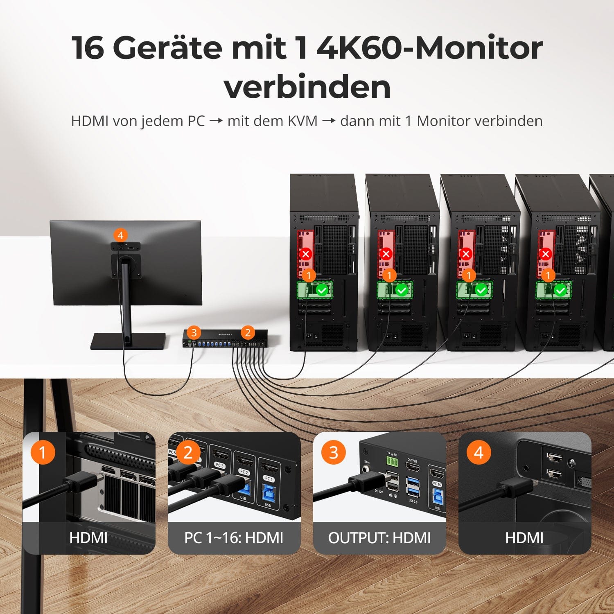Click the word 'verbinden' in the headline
[307, 87]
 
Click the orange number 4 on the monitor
[120, 235]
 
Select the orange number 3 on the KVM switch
[194, 332]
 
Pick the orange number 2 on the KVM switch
[248, 332]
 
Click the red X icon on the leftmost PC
[306, 254]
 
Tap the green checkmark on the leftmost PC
[323, 290]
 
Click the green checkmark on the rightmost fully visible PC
[560, 290]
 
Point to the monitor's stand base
[128, 341]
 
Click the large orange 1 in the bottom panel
[43, 452]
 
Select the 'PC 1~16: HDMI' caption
[234, 538]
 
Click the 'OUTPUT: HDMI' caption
[379, 538]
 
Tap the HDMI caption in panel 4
[524, 538]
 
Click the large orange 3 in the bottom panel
[334, 452]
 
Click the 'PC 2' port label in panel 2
[244, 472]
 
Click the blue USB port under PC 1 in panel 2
[269, 493]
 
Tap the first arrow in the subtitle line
[216, 121]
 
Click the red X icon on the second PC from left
[386, 254]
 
